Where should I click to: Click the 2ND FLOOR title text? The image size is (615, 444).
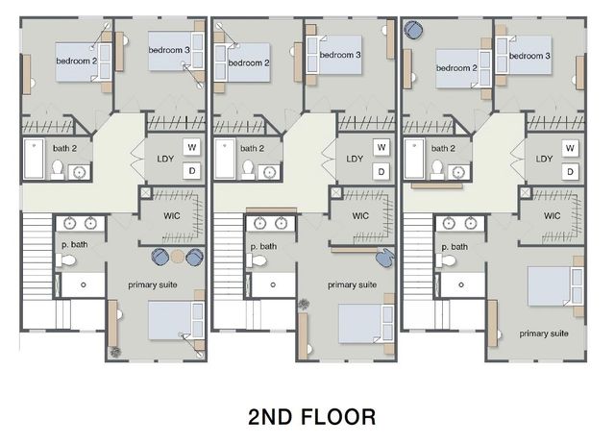coord(310,416)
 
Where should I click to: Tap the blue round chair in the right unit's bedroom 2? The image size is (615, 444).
coord(412,30)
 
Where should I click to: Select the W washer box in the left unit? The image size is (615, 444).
coord(191,147)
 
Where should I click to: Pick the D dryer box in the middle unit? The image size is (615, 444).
coord(381,171)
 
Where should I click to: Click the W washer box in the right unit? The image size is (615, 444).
coord(571,148)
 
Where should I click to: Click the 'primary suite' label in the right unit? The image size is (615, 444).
coord(543,333)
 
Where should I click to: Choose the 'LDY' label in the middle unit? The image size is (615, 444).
coord(355,160)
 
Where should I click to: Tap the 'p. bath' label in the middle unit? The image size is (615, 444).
coord(264,246)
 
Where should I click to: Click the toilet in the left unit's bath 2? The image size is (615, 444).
coord(57,170)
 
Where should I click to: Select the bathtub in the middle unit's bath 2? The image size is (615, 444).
coord(225,159)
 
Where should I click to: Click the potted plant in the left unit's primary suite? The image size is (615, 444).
coord(117,350)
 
